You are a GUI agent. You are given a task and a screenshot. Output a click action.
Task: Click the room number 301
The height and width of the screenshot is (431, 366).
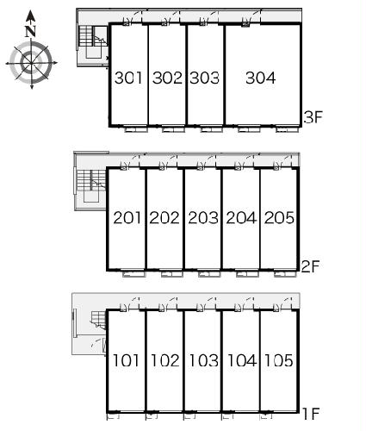coord(128,78)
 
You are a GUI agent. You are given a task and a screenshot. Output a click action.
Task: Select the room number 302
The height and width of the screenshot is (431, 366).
coord(167,78)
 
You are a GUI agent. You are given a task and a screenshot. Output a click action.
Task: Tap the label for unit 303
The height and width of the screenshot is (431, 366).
coord(204,78)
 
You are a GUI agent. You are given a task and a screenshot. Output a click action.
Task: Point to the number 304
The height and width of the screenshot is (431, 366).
coord(261,78)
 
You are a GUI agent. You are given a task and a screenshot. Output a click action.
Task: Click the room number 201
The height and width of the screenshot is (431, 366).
coord(127,217)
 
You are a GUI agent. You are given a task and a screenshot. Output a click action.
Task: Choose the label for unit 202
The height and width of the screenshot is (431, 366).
coord(164,217)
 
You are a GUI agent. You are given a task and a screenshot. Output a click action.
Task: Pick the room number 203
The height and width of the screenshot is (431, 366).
coord(203,217)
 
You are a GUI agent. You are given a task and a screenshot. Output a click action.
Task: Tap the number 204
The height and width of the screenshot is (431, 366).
coord(241,217)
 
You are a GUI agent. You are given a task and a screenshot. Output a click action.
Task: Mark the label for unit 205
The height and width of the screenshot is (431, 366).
coord(279,217)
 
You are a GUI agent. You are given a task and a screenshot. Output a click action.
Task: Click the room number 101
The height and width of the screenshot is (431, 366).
coord(126,360)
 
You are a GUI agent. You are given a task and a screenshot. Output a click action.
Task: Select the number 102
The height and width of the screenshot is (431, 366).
coord(164,360)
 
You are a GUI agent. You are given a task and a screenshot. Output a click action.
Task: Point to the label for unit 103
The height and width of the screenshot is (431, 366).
coord(203,360)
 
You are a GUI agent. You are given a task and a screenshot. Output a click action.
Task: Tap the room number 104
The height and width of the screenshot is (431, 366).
coord(242,360)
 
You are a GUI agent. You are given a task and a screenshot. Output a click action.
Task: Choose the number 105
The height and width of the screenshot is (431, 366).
coord(278,360)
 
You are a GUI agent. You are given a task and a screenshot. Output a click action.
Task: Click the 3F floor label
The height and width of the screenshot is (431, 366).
coord(313,117)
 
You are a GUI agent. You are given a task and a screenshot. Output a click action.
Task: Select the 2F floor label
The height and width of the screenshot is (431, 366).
coord(311,266)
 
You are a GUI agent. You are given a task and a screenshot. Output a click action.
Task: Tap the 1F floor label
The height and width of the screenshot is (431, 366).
coord(311,414)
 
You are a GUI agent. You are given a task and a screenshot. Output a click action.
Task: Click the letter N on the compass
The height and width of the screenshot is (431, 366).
coord(30,32)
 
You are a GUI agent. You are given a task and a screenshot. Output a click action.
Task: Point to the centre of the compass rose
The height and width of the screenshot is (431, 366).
coord(31,63)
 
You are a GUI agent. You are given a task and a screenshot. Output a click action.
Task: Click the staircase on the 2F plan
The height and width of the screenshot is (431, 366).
coord(91,180)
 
